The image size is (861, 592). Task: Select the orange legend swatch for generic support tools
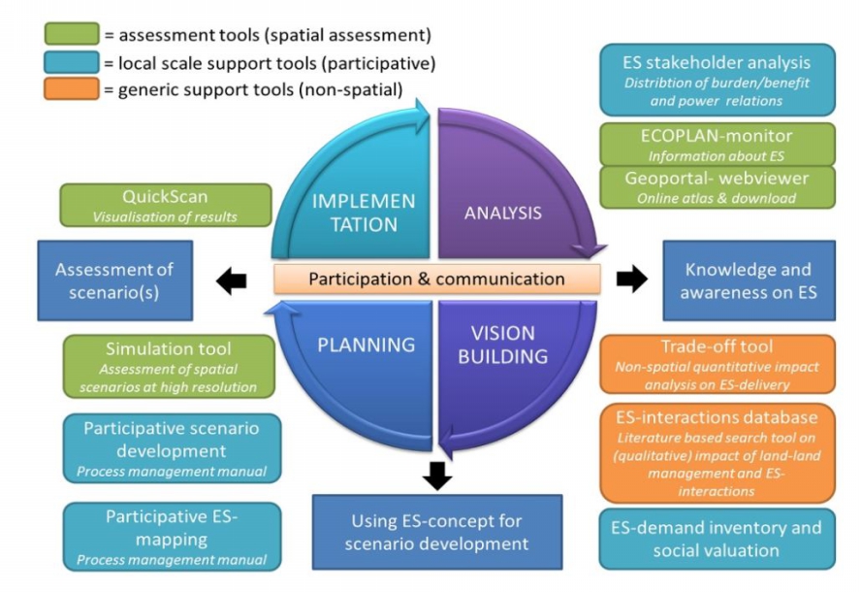tap(71, 90)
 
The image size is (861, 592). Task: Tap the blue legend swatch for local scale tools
tap(71, 63)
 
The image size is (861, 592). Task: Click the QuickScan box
tap(165, 205)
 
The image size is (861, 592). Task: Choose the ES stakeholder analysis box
tap(717, 80)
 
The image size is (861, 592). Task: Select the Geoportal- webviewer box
tap(717, 187)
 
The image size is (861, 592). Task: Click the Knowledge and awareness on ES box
tap(749, 280)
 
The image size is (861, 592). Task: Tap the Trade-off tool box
tap(717, 364)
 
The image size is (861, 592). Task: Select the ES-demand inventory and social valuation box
tap(717, 539)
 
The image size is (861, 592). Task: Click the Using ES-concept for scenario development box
tap(436, 532)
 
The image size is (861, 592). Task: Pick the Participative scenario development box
tap(172, 448)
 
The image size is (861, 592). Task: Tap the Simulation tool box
tap(172, 366)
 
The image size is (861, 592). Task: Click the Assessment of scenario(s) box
tap(114, 280)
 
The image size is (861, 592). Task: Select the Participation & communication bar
tap(436, 280)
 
